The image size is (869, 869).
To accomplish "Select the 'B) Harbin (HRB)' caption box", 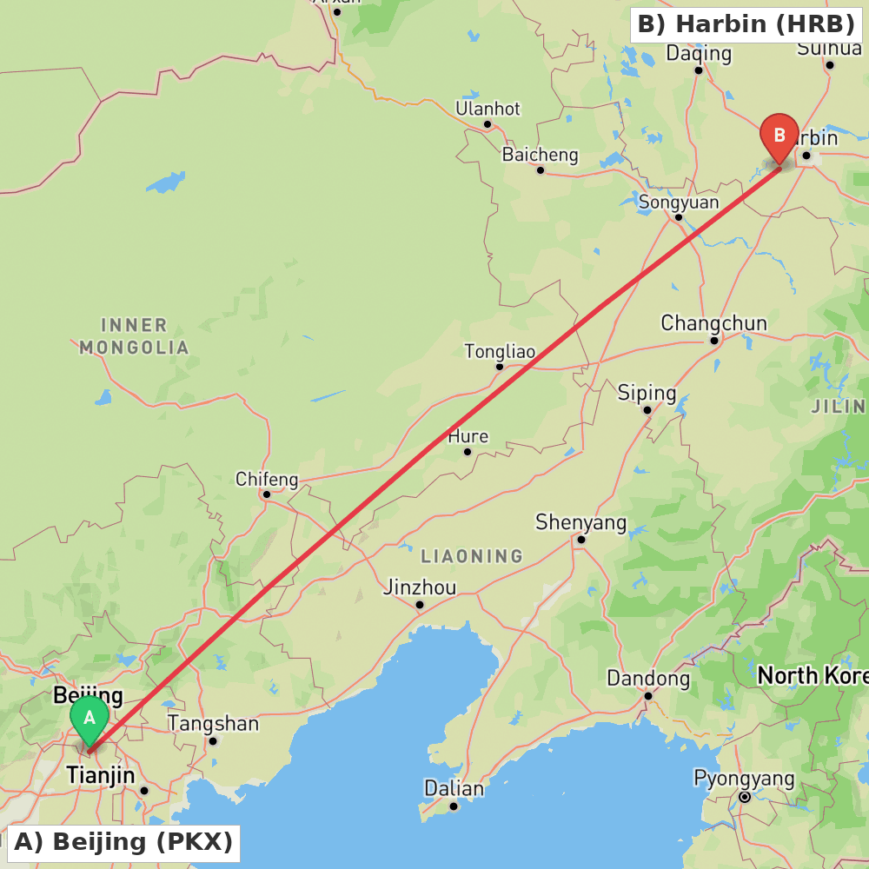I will coord(746,23).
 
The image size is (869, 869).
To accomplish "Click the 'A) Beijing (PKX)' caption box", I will coord(123,842).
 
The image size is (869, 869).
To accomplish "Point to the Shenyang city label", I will coord(580,522).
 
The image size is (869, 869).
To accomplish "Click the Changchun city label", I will coord(713,323).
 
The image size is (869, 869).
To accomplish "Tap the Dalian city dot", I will coord(454,806).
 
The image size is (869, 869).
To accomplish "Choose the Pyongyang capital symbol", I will coord(745,797).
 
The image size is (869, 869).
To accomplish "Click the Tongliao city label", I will coord(500,352).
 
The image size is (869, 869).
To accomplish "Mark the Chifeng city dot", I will coord(267,494).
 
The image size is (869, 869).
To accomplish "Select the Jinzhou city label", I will coord(420,588).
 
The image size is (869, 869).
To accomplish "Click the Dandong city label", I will coord(648,679).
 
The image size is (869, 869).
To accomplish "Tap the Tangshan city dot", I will coord(213,741).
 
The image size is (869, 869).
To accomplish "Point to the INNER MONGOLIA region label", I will coord(134,336).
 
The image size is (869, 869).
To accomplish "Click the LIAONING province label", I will coord(472,555).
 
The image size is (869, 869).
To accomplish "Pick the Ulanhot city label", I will coord(488,109).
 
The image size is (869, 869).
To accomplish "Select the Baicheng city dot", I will coord(541,170).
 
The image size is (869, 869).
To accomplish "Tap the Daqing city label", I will coord(699,54).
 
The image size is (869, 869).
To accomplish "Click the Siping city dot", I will coord(647,409).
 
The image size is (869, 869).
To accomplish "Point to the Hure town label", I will coord(468,436).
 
